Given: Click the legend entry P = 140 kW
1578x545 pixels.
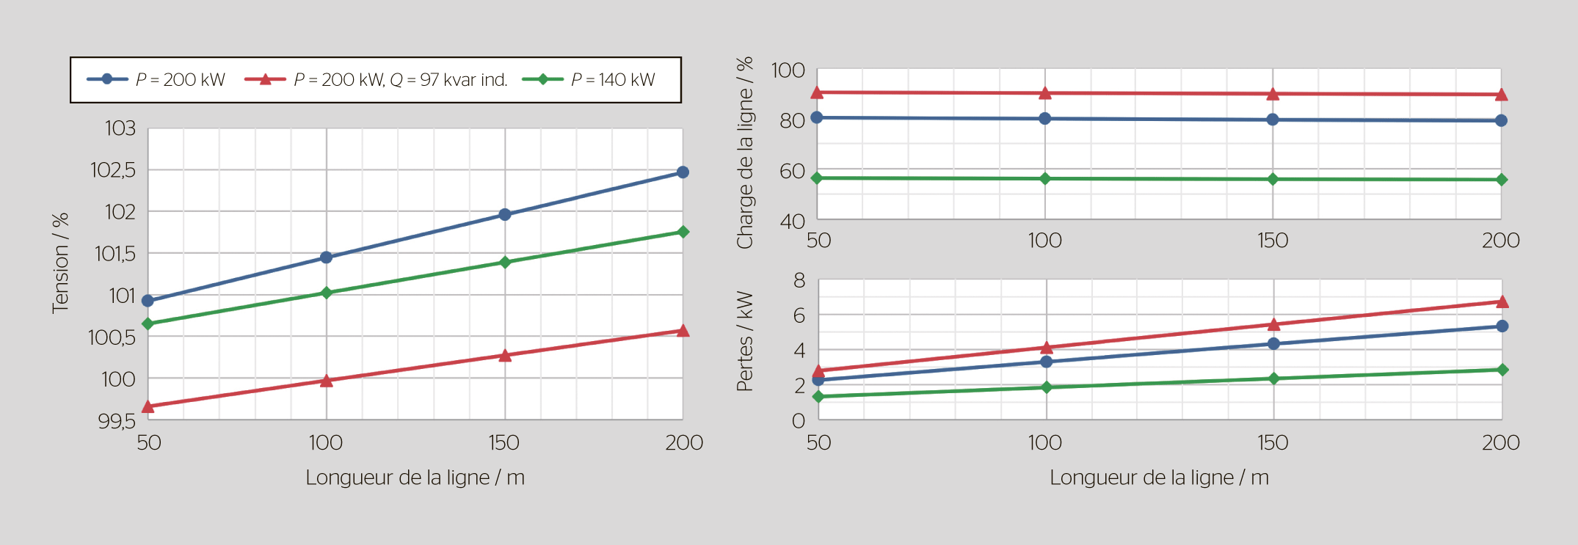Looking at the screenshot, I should pos(612,79).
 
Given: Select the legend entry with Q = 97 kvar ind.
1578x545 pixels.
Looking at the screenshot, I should pos(400,79).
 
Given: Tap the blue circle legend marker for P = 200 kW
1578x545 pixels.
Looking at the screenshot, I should pos(107,79).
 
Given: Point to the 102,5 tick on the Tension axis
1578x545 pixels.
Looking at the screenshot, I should pos(113,170).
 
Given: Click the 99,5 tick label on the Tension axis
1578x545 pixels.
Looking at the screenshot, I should pos(117,421).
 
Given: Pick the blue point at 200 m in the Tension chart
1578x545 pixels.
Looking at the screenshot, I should pos(683,172).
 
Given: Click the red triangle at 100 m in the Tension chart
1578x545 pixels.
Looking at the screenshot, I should pos(327,381).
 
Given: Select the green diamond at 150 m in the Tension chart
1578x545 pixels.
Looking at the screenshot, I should pos(505,262).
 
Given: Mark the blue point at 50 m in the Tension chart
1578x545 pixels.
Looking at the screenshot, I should pos(148,301).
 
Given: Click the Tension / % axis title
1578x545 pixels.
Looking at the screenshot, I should pos(60,263).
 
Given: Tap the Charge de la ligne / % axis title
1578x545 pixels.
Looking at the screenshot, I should pos(745,153).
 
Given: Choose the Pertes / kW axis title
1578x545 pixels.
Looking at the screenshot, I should pos(745,341).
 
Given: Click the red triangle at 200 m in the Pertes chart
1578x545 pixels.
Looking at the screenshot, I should pos(1502,301).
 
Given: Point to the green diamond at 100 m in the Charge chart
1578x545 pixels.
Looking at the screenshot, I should pos(1045,178).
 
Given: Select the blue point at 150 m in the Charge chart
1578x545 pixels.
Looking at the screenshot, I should pos(1273,120).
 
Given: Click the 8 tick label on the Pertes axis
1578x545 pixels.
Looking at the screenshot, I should pos(799,280).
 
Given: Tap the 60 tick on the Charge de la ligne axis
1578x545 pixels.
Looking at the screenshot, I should pos(792,171).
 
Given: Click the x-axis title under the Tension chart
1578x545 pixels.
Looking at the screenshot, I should pos(415,478).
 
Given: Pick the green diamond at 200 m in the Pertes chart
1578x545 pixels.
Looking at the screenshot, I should pos(1502,370).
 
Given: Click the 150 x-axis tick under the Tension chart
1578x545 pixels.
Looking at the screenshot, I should pos(504,442).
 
